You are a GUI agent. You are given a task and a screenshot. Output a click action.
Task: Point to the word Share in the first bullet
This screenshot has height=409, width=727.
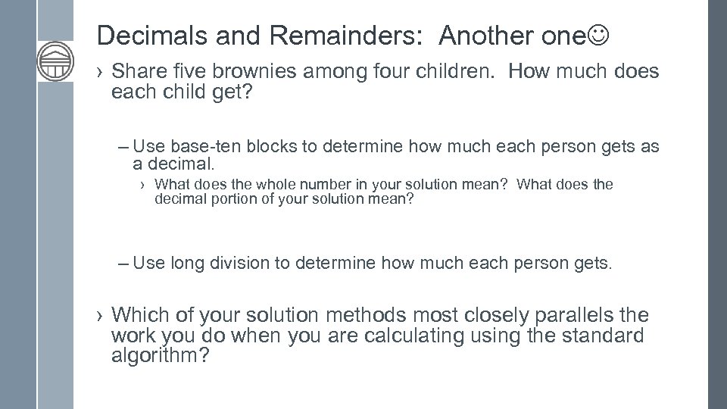137,73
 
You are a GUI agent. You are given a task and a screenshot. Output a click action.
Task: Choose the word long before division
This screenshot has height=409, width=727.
187,263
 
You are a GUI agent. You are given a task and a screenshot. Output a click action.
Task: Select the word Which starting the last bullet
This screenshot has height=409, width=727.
137,314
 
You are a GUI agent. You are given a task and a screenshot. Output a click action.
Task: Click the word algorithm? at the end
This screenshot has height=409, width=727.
160,355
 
